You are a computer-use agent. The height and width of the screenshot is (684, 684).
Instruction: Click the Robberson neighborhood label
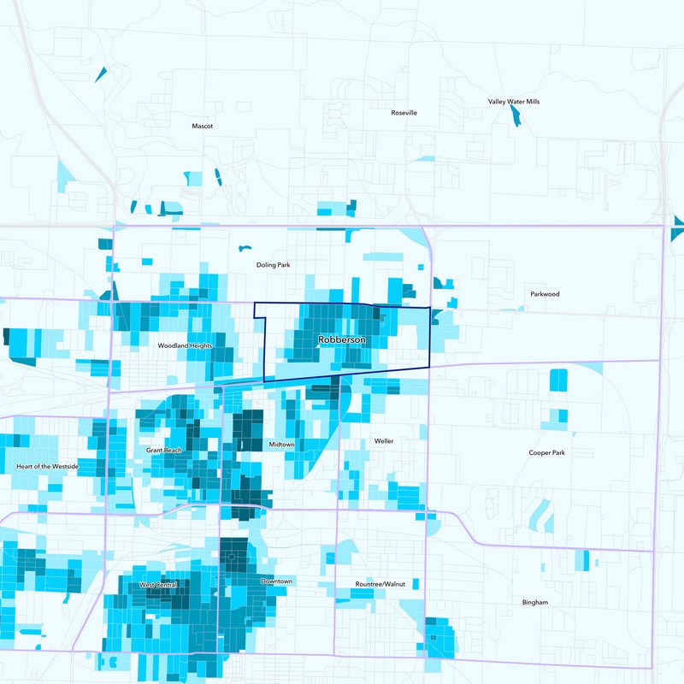pos(341,340)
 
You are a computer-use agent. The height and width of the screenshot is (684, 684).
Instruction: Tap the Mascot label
pos(202,126)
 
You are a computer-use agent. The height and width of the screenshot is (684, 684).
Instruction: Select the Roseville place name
pos(404,113)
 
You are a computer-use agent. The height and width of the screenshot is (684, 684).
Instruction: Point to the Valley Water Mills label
pos(514,102)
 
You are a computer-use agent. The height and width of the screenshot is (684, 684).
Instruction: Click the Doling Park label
pos(274,265)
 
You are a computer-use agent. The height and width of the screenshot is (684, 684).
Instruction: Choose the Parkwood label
pos(545,294)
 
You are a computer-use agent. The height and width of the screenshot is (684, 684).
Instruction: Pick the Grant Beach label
pos(163,450)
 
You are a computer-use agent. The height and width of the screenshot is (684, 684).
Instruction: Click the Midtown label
pos(281,445)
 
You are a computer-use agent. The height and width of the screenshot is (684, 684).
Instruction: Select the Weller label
pos(384,441)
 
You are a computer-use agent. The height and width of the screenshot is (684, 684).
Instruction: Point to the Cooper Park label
pos(546,452)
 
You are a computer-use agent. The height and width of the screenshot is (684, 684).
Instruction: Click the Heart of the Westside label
pos(48,466)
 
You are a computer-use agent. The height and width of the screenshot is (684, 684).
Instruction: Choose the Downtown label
pos(276,581)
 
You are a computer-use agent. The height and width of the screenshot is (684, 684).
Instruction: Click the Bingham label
pos(535,603)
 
